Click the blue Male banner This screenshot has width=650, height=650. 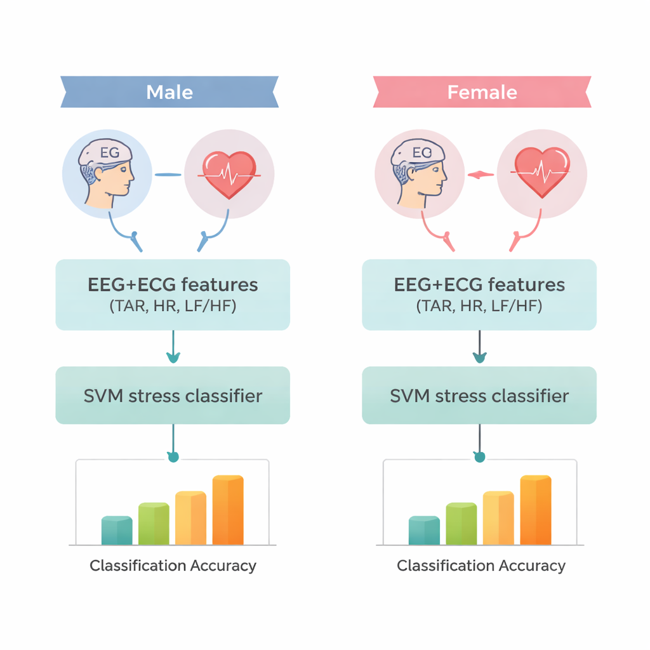[169, 92]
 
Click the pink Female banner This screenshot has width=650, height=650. [482, 92]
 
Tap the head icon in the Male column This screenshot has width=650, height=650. [107, 173]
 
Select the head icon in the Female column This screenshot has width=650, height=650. [419, 173]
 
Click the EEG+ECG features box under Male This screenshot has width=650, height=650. [173, 294]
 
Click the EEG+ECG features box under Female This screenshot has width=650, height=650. [479, 294]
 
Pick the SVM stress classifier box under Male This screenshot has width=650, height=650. [173, 395]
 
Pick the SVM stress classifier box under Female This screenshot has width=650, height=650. [479, 395]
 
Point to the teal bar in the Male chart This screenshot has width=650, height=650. [117, 531]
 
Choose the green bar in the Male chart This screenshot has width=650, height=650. [154, 524]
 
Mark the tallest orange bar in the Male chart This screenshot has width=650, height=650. [228, 510]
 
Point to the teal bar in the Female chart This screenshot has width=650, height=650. [424, 531]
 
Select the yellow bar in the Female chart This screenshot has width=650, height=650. [498, 518]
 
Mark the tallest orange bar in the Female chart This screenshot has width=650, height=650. [536, 510]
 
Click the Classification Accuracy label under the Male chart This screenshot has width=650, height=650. [173, 566]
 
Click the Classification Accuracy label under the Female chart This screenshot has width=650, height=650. [481, 566]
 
